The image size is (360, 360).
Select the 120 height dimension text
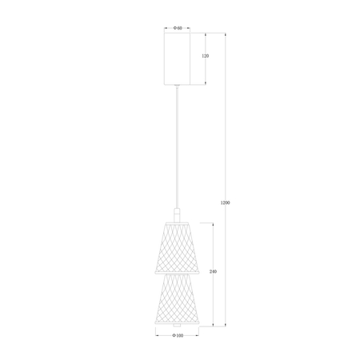(x=205, y=58)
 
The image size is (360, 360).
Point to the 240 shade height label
(x=213, y=272)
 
